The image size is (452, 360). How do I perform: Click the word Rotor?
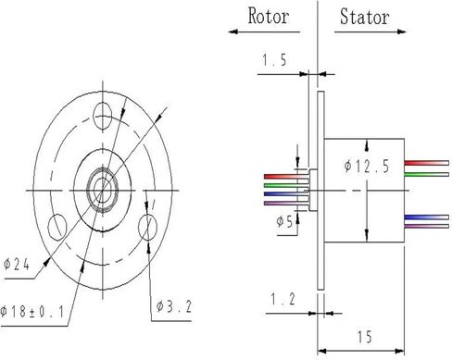[x=269, y=16]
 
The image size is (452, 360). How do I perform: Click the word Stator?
[x=364, y=17]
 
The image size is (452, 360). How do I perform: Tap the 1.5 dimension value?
[x=274, y=60]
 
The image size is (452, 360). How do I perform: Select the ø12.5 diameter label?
[x=367, y=167]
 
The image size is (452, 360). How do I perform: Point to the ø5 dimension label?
[x=284, y=221]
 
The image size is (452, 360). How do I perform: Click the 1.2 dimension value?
[x=282, y=299]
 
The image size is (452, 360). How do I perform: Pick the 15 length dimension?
[x=365, y=337]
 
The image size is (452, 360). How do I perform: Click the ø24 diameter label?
[x=17, y=265]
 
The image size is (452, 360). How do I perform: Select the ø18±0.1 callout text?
[x=32, y=312]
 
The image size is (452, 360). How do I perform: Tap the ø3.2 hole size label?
[x=174, y=306]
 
